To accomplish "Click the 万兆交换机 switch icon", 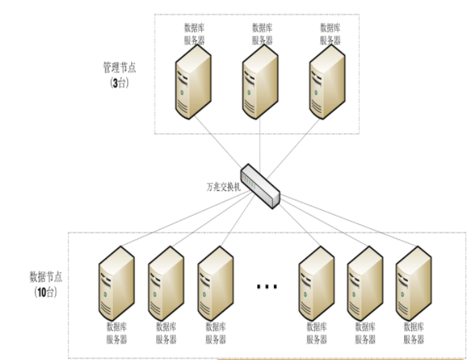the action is click(x=260, y=186).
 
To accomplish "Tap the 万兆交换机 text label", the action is click(x=223, y=187).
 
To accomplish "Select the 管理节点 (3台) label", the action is click(x=120, y=74).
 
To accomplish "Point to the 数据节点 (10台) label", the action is click(x=46, y=284).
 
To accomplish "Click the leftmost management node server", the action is click(x=193, y=82).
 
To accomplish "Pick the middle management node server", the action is click(x=260, y=82).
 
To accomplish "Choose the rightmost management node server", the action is click(x=327, y=82).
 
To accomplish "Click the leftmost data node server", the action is click(x=117, y=283).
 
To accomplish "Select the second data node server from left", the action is click(x=166, y=283).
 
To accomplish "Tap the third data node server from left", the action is click(x=215, y=283).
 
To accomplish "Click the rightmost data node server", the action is click(x=413, y=283).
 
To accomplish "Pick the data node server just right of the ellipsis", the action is click(x=316, y=283).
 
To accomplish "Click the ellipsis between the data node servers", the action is click(x=267, y=287).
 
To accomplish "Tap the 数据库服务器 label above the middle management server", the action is click(x=262, y=34).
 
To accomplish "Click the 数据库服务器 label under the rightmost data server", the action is click(x=413, y=333).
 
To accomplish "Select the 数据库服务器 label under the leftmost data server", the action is click(x=117, y=333).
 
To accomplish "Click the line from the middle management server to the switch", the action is click(x=260, y=142).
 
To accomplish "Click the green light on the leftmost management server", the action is click(x=182, y=92).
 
